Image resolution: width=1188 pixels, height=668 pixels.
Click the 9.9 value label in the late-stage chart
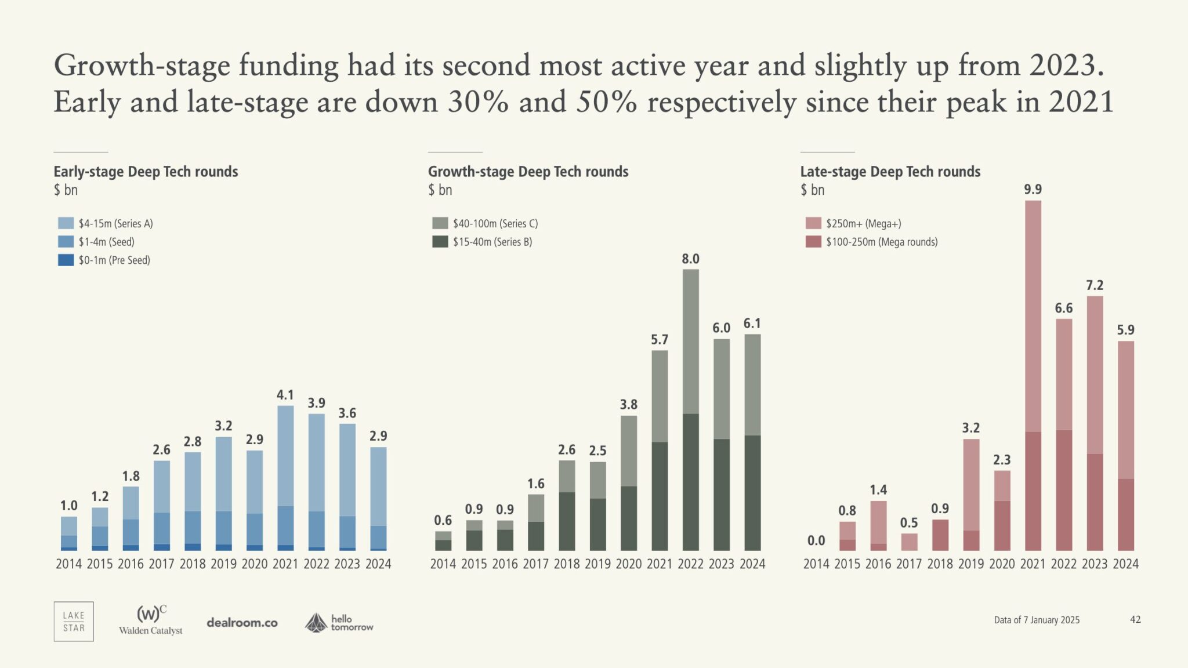[x=1033, y=190]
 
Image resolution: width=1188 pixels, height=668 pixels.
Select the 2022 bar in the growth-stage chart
[x=690, y=409]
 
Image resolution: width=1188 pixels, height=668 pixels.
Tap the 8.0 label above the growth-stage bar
[x=690, y=259]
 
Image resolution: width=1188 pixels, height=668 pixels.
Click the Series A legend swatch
[x=66, y=223]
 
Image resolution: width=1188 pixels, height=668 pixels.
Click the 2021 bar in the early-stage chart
[x=285, y=478]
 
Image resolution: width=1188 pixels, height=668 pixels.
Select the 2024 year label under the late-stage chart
[x=1125, y=564]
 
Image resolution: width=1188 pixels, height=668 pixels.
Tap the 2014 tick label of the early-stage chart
[x=68, y=564]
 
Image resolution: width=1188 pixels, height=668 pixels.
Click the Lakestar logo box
[x=74, y=622]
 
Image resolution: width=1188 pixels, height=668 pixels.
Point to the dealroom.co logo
[x=242, y=623]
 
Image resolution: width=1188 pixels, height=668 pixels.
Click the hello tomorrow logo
[x=339, y=623]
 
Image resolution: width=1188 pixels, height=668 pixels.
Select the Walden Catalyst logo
[x=151, y=620]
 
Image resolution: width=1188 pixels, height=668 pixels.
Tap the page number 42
[x=1135, y=619]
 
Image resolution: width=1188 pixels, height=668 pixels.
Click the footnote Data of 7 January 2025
[x=1037, y=620]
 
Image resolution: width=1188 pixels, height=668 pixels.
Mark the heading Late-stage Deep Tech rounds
[x=890, y=172]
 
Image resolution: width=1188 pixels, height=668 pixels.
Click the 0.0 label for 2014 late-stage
[x=816, y=540]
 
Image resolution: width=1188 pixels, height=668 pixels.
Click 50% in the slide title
[x=606, y=102]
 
